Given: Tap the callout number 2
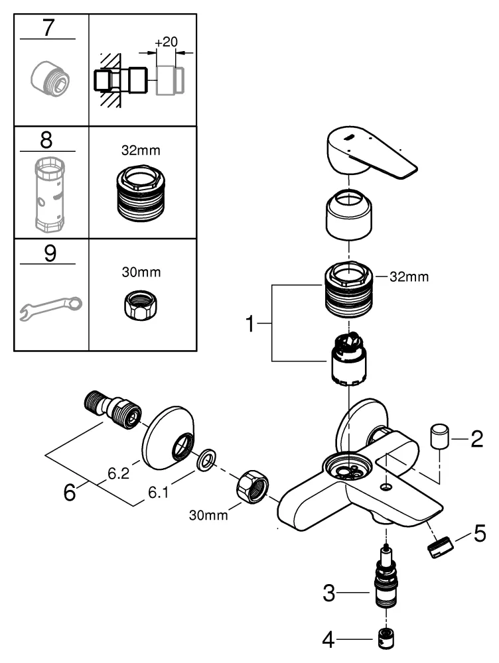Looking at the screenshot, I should point(476,439).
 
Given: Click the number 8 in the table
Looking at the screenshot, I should point(46,141).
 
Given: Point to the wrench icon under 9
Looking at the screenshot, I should point(49,306).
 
